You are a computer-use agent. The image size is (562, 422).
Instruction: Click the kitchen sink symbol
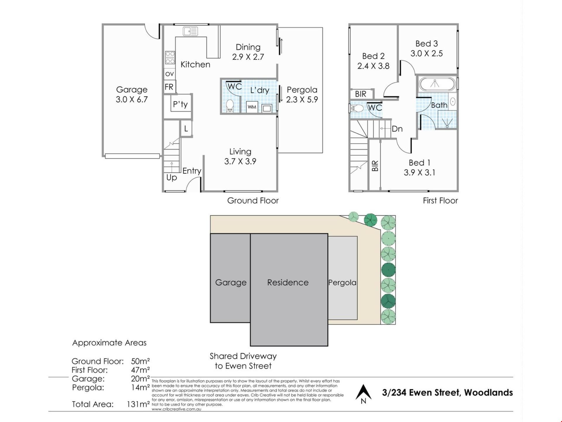[190, 31]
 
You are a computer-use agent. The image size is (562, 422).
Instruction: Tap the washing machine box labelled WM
[252, 107]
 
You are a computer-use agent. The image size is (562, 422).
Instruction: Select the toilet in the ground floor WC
[230, 105]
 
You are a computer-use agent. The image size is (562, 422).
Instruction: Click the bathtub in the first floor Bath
[437, 84]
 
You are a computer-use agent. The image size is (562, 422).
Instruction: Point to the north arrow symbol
[364, 394]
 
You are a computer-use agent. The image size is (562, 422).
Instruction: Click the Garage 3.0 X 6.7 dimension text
[132, 100]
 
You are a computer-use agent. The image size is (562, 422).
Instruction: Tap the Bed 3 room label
[427, 44]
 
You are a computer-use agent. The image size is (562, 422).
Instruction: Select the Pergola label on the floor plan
[302, 90]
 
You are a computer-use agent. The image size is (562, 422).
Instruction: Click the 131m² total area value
[138, 404]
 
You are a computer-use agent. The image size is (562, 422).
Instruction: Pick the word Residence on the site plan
[288, 283]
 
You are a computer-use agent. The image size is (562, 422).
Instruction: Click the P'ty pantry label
[180, 104]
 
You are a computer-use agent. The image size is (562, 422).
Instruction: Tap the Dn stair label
[397, 129]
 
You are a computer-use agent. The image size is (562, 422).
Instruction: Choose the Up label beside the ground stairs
[172, 178]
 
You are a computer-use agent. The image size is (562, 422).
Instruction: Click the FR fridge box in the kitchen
[169, 87]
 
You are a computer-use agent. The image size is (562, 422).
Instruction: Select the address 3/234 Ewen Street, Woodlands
[447, 393]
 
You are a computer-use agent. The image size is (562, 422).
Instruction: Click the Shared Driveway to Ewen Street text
[243, 361]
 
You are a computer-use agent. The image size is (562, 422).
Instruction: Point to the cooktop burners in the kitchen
[170, 57]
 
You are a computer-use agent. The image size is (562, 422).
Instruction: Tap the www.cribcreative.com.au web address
[176, 409]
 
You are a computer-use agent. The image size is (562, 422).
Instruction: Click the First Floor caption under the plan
[440, 200]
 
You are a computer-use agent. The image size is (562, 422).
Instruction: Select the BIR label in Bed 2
[361, 94]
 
